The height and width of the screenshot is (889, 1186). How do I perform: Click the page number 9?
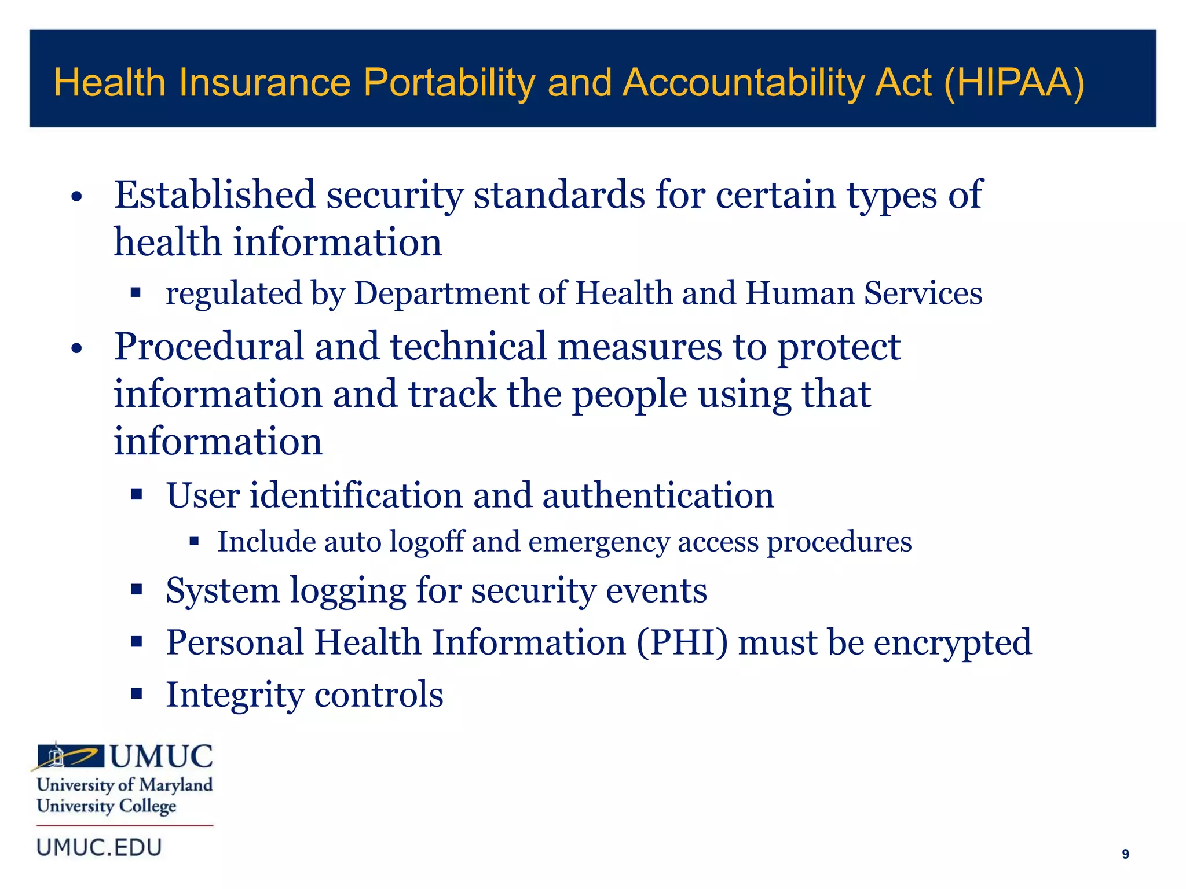tap(1125, 854)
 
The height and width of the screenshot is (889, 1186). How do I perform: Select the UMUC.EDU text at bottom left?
tap(99, 848)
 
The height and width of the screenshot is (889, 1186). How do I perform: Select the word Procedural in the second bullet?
tap(208, 347)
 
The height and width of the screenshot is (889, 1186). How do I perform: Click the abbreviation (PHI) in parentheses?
tap(682, 642)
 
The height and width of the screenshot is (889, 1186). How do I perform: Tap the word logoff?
tap(427, 542)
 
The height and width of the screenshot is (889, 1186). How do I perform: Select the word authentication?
tap(657, 495)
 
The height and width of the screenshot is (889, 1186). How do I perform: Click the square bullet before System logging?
tap(137, 590)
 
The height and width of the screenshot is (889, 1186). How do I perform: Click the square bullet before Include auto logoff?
tap(194, 542)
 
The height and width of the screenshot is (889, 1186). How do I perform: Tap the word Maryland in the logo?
tap(176, 785)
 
